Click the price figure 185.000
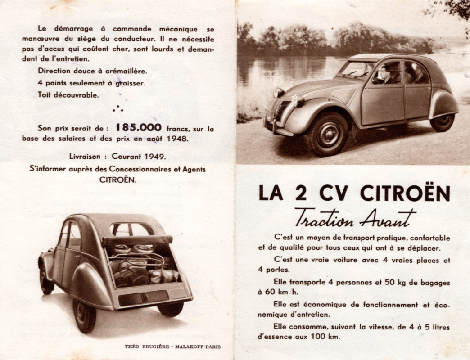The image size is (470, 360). (x=138, y=127)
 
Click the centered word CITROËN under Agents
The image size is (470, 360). (x=117, y=179)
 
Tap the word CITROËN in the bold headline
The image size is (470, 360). (x=405, y=193)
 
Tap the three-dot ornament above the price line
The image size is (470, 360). (x=117, y=108)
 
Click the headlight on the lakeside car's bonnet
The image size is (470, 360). (x=279, y=93)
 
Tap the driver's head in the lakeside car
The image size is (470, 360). (x=384, y=72)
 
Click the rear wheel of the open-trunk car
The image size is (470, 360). (x=85, y=315)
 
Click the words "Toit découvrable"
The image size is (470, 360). (x=68, y=95)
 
